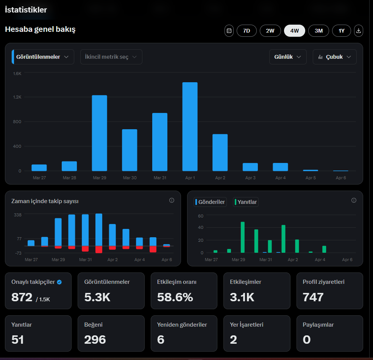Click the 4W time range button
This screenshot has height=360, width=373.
click(295, 31)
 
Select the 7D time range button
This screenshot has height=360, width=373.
click(247, 31)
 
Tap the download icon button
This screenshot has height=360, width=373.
click(359, 31)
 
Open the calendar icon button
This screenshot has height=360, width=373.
click(229, 31)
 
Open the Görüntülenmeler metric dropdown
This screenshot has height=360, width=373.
click(43, 57)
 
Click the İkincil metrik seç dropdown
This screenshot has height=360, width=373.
click(111, 57)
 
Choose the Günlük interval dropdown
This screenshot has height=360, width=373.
click(288, 57)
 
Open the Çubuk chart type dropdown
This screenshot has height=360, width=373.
click(334, 57)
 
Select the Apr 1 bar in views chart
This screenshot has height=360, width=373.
click(190, 127)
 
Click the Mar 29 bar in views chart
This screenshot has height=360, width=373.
click(100, 133)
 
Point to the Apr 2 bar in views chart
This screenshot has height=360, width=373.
click(220, 153)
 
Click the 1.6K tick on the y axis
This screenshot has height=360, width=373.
click(17, 74)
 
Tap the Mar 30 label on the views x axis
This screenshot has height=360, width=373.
click(130, 178)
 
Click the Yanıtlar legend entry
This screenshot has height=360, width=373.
click(246, 202)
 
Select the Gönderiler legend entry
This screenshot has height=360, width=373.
click(210, 202)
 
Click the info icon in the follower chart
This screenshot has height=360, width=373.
click(172, 200)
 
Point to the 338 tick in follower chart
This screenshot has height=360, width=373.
click(17, 215)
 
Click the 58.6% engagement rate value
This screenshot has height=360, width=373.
click(175, 297)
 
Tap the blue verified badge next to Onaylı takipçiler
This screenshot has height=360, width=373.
click(59, 282)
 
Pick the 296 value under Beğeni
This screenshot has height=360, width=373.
click(95, 340)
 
